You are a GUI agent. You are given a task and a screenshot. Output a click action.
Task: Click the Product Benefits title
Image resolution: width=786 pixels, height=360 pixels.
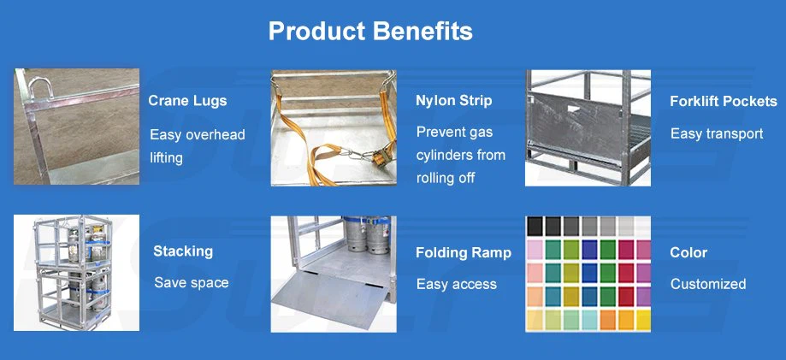370,32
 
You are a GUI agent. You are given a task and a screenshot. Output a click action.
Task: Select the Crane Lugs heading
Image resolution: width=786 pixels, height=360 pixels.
187,101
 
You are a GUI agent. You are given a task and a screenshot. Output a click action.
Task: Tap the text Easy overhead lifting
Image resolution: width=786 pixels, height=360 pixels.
197,146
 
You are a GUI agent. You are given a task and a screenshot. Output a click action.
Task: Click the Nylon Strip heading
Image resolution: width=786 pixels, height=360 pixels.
453,101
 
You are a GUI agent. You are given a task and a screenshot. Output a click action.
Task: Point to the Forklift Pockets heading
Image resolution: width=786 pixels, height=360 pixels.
723,102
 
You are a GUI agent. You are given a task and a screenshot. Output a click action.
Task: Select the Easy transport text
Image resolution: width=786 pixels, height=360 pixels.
716,133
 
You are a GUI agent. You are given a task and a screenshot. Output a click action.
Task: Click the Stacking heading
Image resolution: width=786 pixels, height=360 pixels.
183,251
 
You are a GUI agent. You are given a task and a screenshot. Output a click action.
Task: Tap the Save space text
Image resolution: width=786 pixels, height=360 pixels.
191,283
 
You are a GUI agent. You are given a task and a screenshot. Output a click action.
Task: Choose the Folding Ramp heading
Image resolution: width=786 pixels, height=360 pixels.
463,253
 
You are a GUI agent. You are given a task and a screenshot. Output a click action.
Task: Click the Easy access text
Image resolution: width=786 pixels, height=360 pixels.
456,284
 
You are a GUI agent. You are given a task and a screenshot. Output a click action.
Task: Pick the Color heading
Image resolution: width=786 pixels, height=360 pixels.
688,253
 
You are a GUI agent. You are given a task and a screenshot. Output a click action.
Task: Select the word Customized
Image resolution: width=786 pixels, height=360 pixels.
707,284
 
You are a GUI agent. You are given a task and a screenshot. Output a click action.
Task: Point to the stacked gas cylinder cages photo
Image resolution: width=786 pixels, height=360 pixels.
76,274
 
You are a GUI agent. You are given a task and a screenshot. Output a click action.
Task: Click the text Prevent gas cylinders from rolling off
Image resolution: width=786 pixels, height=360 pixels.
460,155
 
